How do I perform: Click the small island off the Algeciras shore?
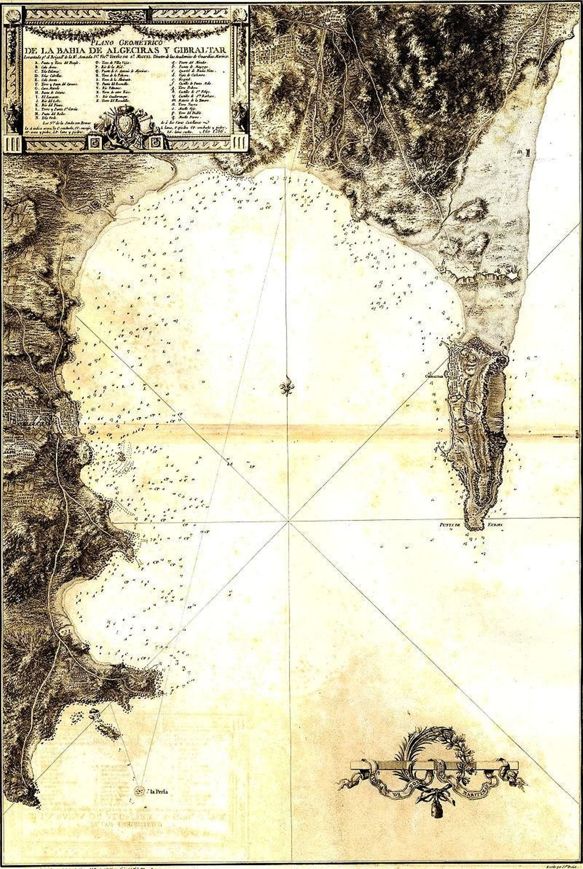pos(121,456)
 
